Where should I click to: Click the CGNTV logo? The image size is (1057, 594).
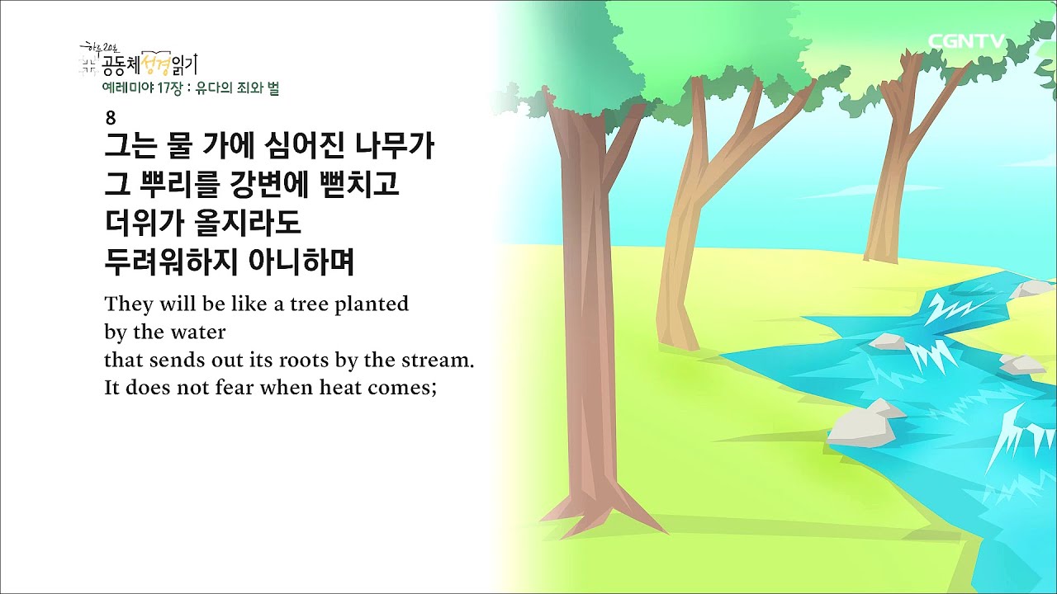[966, 40]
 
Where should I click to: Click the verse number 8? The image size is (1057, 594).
[111, 117]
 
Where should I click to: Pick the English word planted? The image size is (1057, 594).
[372, 304]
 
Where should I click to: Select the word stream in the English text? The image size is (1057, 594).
[442, 361]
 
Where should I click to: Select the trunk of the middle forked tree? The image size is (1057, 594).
[681, 247]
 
